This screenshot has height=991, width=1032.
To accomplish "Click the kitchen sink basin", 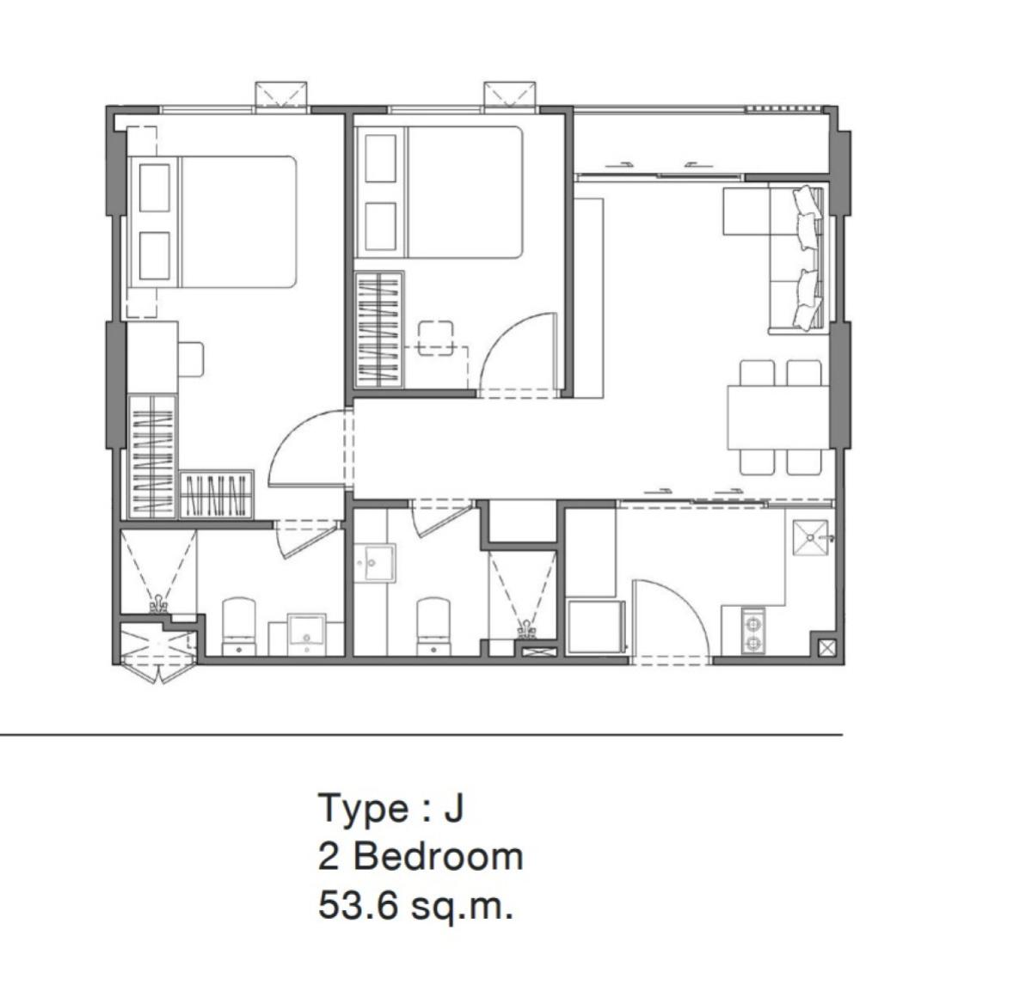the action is point(810,537).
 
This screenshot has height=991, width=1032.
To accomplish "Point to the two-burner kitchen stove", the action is point(752,631).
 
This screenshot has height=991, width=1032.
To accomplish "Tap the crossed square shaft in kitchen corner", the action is point(827,647).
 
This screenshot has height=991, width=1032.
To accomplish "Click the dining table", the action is point(778,418).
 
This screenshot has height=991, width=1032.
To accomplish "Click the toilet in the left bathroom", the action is point(238,627).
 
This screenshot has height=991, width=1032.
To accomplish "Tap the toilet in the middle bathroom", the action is point(433,627).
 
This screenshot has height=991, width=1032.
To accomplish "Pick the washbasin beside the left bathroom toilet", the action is point(306,634).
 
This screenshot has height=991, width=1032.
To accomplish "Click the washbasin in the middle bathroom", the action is point(375,563).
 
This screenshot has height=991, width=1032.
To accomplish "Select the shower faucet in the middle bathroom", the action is point(526,628).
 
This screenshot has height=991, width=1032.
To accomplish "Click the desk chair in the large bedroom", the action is point(191,359).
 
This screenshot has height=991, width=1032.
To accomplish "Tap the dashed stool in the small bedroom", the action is point(435,338).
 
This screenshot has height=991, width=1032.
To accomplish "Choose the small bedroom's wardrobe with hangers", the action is point(378,330).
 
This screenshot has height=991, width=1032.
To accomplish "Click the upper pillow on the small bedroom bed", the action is point(381,158).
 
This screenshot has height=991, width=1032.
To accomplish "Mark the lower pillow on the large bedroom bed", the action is point(155,255).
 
